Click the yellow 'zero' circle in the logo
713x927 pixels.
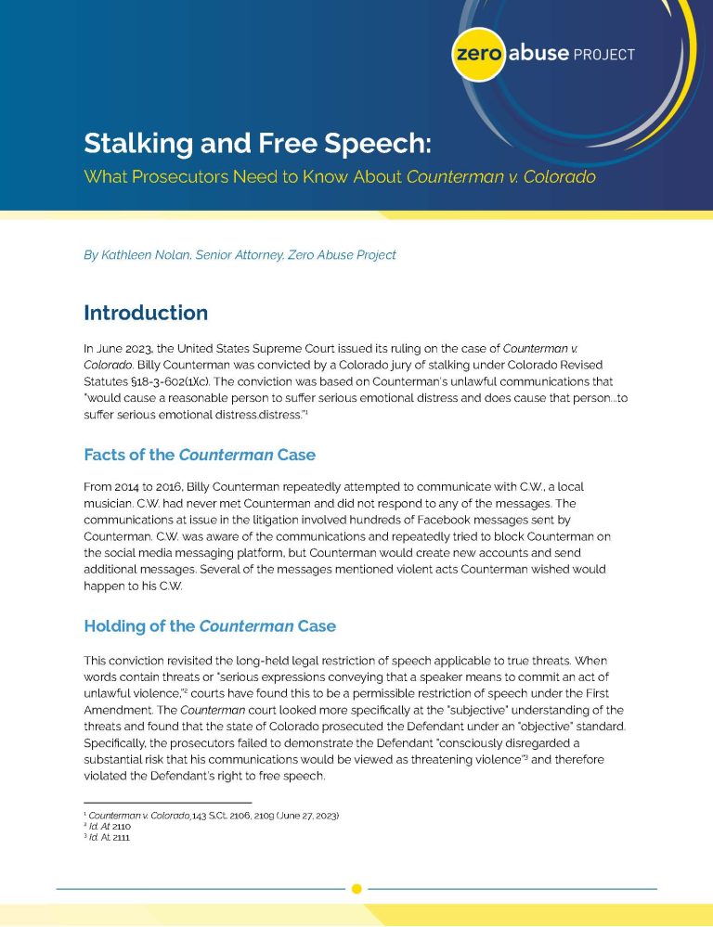tap(478, 53)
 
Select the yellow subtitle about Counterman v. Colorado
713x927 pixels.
tap(339, 176)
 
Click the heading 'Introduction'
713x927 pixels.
tap(146, 313)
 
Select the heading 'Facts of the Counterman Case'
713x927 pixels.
tap(199, 455)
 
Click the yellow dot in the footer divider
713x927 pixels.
tap(356, 889)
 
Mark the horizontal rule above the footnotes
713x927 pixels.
tap(167, 803)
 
